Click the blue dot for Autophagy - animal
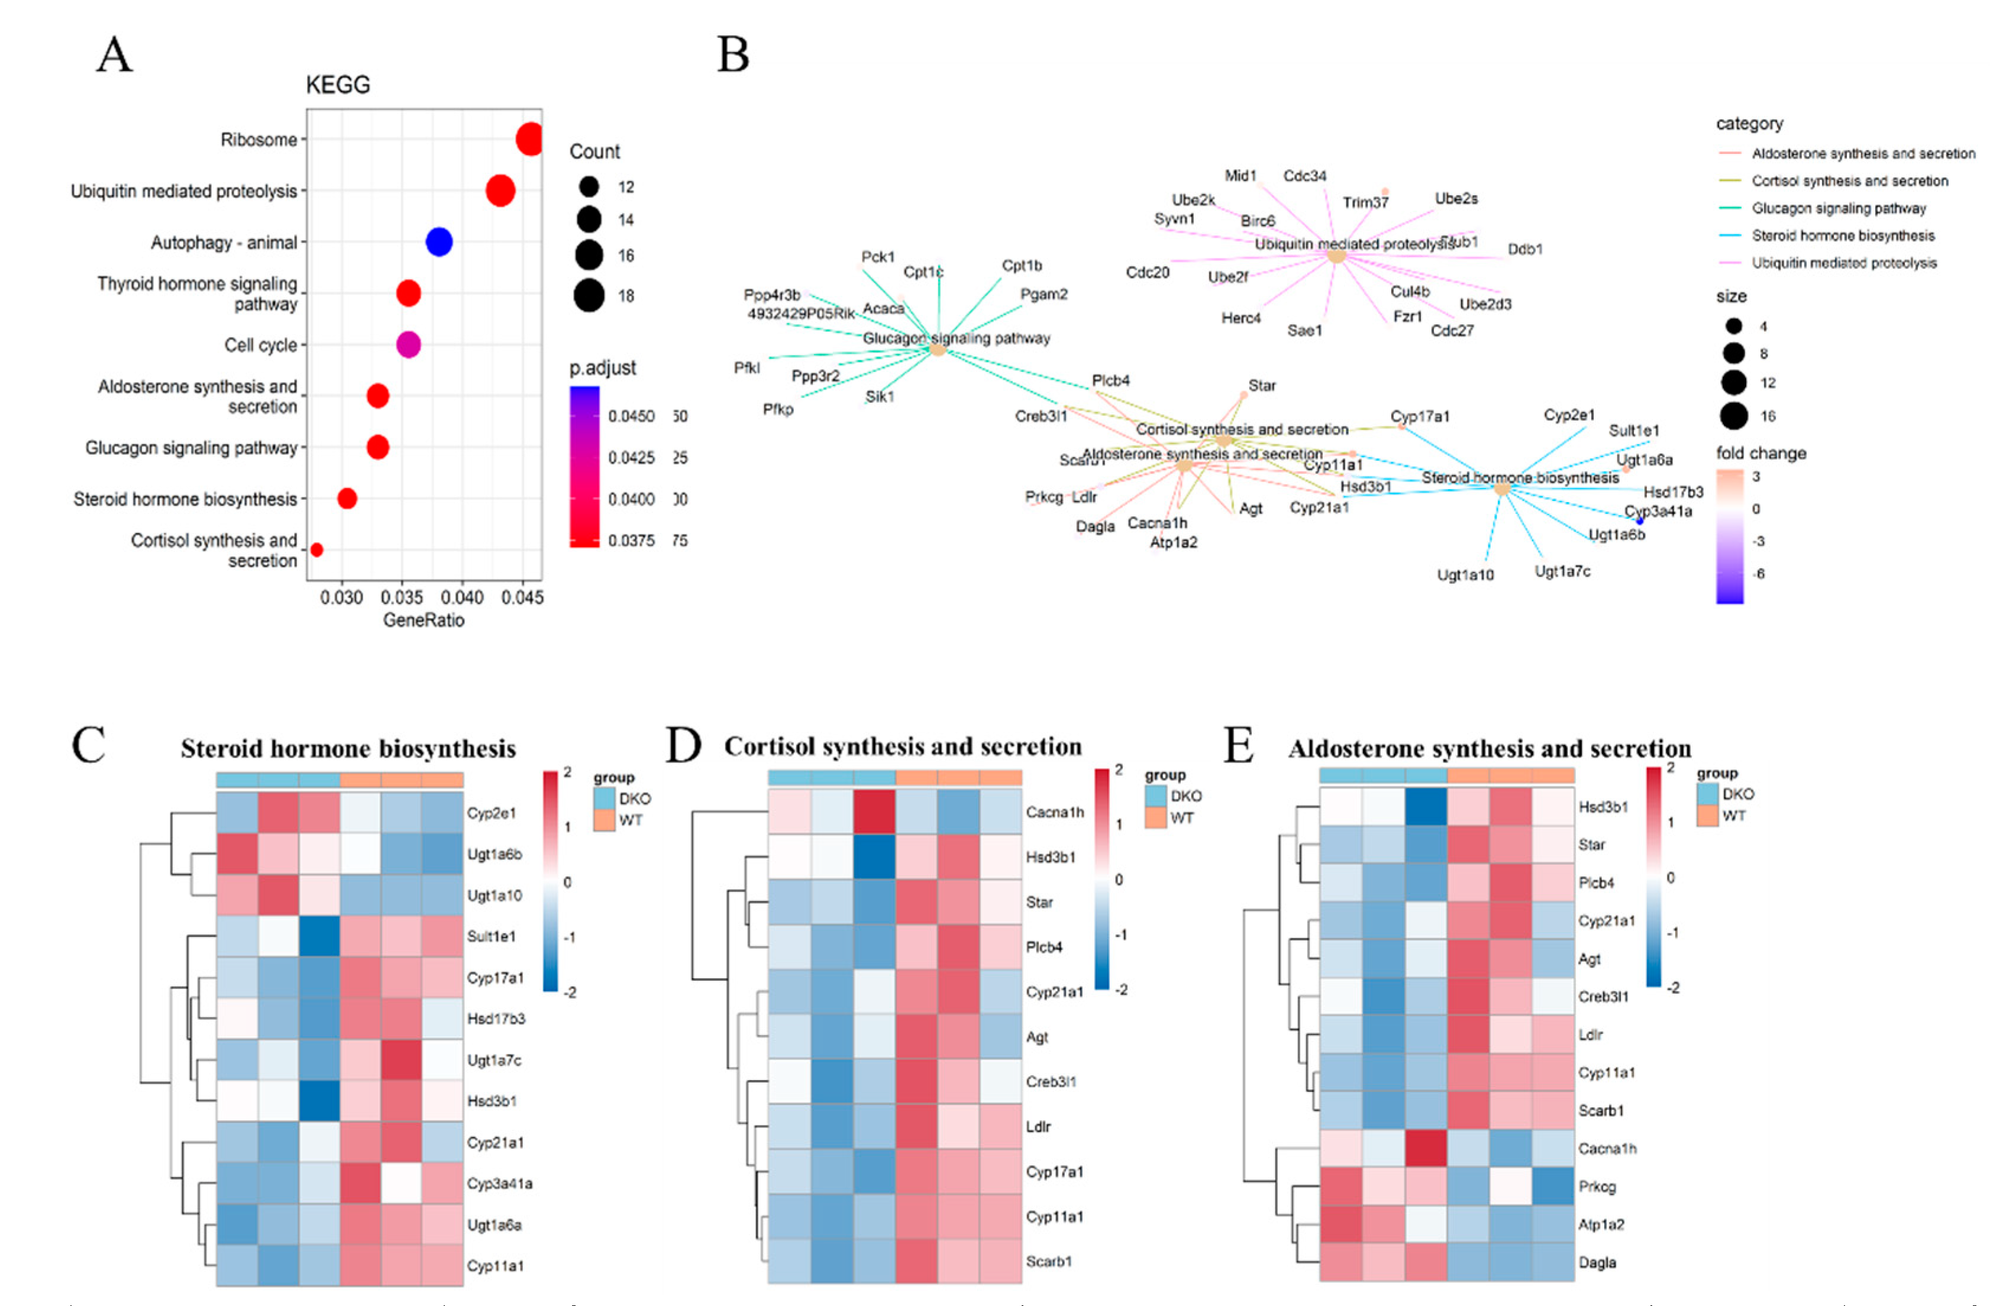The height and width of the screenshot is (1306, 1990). [439, 242]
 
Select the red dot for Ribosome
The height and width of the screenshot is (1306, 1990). [530, 139]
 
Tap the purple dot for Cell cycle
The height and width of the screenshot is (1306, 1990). [408, 344]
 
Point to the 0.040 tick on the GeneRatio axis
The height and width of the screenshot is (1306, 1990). [463, 597]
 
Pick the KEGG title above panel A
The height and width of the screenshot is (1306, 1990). [338, 85]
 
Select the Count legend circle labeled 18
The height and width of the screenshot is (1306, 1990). [589, 295]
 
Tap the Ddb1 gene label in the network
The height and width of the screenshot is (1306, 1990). [1525, 249]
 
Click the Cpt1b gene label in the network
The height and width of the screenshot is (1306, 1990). [1022, 266]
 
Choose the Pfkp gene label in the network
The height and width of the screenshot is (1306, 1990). [778, 409]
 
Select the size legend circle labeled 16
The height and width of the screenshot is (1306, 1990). [1734, 416]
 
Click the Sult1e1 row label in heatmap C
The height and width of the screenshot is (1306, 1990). [491, 936]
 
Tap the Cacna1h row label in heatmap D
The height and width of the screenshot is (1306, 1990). [1054, 812]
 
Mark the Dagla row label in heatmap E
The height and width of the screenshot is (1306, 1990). [1597, 1262]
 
